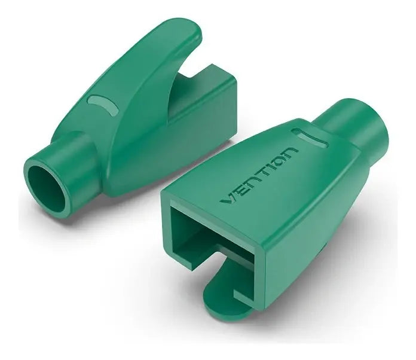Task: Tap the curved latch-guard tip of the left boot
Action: [x=186, y=32]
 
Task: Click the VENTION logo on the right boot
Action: [x=259, y=175]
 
